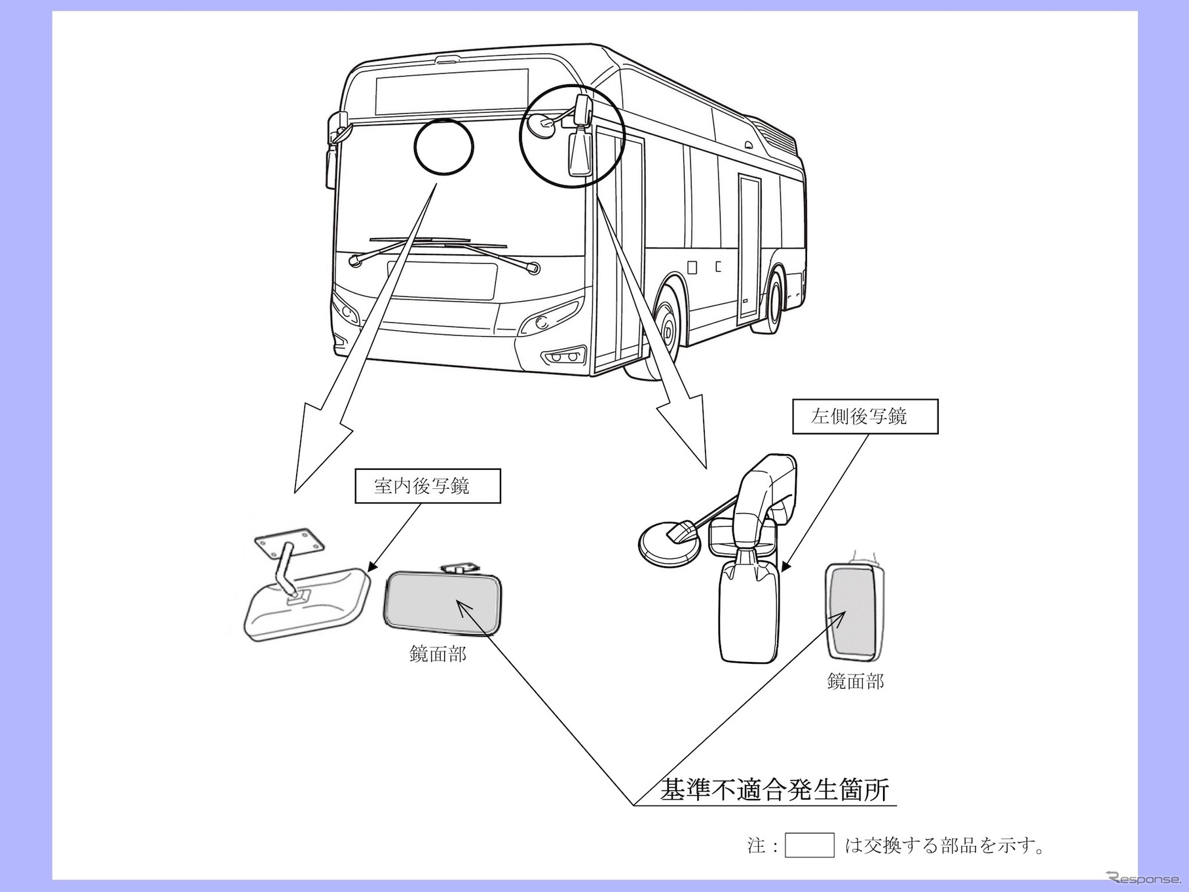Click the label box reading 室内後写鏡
coord(427,486)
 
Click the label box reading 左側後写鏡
coord(865,416)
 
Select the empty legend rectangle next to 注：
coord(809,845)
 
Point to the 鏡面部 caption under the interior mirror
coord(438,653)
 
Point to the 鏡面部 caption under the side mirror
coord(855,682)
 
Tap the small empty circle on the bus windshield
coord(444,147)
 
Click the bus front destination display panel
coord(451,91)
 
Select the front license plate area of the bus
coord(443,281)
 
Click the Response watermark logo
coord(1142,878)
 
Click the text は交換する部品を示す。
coord(944,845)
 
